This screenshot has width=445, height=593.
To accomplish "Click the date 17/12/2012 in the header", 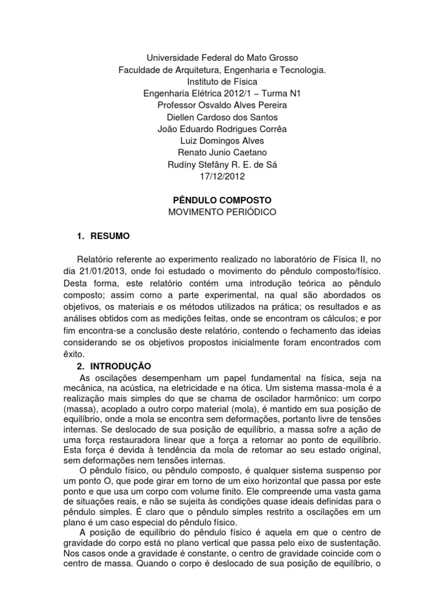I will pyautogui.click(x=222, y=176).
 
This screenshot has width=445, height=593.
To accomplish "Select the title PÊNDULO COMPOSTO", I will pyautogui.click(x=222, y=200).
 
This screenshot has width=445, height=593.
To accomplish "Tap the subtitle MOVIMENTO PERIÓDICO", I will pyautogui.click(x=222, y=212).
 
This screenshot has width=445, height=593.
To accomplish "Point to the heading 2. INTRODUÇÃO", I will pyautogui.click(x=114, y=367).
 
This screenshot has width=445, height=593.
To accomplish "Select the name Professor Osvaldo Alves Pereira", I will pyautogui.click(x=222, y=105).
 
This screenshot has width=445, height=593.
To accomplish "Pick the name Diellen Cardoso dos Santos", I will pyautogui.click(x=222, y=117).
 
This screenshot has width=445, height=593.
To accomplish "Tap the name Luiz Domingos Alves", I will pyautogui.click(x=222, y=141).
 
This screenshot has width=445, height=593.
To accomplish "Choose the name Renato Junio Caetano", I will pyautogui.click(x=222, y=152).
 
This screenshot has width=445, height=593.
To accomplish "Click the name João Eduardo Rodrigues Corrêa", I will pyautogui.click(x=222, y=129).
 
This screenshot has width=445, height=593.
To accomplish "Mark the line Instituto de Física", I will pyautogui.click(x=222, y=81).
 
